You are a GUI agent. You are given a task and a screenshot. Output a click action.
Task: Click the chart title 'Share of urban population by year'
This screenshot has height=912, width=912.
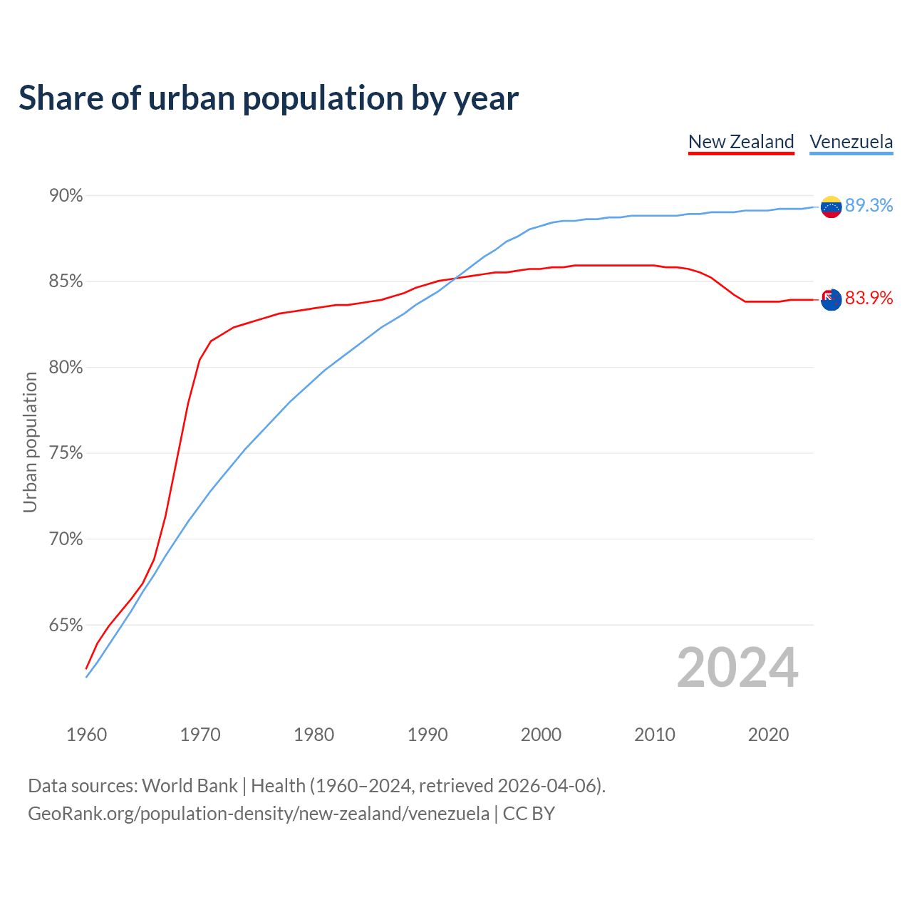[x=268, y=98]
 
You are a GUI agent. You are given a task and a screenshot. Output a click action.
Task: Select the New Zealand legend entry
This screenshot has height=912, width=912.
[x=741, y=142]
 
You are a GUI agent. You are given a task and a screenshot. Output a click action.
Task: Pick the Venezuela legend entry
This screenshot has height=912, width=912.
[x=851, y=142]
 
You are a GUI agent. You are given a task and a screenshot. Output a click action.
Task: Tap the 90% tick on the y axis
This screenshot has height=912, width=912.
[x=66, y=195]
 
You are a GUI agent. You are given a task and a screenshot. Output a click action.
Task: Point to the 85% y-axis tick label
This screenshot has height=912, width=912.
[x=66, y=281]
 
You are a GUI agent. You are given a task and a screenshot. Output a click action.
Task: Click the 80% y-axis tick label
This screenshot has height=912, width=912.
[x=66, y=368]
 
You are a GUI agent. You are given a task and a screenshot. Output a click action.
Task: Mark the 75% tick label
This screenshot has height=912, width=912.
[x=66, y=453]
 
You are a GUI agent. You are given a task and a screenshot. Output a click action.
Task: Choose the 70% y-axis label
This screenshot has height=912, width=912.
[x=66, y=539]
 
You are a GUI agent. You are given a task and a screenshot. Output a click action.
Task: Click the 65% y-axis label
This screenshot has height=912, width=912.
[x=66, y=626]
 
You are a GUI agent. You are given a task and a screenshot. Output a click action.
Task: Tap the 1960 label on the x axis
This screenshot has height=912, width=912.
[x=87, y=735]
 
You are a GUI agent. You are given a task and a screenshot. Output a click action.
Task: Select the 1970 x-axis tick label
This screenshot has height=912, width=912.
[x=200, y=735]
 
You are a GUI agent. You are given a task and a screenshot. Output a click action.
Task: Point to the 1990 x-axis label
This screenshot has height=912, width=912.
[x=427, y=735]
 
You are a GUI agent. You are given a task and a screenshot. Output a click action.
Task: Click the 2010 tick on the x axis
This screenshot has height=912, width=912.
[x=655, y=735]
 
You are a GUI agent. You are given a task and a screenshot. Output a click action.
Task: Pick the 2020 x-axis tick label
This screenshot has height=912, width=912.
[x=768, y=735]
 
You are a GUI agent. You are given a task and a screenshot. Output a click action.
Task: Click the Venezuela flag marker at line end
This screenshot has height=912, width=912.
[x=831, y=207]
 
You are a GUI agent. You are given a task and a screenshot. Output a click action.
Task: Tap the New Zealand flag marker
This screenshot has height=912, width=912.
[x=831, y=299]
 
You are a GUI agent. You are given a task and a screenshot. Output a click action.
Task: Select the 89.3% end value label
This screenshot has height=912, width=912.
[x=869, y=205]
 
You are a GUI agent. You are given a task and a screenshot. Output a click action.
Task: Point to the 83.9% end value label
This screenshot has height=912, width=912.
[x=869, y=298]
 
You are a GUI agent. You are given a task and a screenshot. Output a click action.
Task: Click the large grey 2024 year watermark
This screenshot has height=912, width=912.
[x=737, y=668]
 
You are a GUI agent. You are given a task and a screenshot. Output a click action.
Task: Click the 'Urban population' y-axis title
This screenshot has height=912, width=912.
[x=30, y=442]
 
